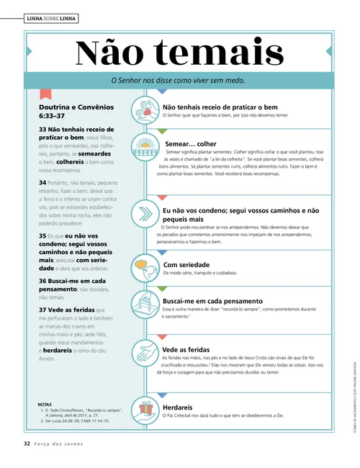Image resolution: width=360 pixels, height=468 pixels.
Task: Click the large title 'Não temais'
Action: [x=179, y=52]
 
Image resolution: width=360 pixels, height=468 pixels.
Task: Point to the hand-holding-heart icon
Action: [x=145, y=110]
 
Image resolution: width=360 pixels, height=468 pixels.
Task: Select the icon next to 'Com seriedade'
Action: [x=145, y=266]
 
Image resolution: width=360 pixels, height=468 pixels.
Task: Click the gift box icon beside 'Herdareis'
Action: [x=145, y=409]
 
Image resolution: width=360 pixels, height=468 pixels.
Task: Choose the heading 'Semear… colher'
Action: [x=190, y=143]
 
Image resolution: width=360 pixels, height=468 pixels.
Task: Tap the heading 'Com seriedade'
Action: [x=186, y=264]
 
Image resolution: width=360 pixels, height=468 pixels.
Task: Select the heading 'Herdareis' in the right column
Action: [x=178, y=407]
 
